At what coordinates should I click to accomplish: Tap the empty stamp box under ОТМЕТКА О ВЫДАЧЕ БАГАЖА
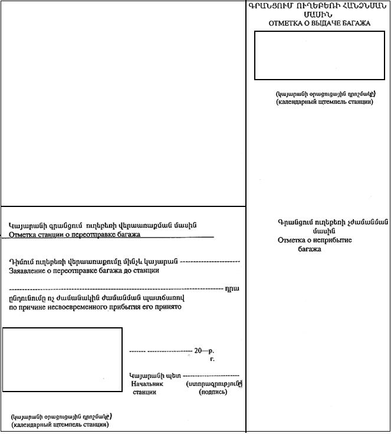320,55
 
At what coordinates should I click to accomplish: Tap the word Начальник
147,383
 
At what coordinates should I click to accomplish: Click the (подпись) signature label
213,392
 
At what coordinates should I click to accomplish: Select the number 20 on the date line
198,350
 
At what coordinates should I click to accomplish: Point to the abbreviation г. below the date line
212,359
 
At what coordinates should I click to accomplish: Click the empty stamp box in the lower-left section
62,359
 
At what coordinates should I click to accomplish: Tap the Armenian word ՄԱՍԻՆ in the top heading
319,15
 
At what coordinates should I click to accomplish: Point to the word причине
27,307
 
